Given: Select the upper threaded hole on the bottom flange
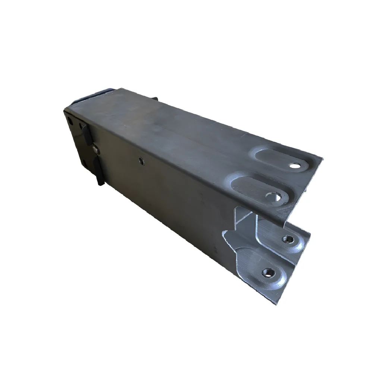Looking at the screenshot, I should [288, 239].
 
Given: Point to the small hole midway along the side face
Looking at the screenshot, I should [141, 161].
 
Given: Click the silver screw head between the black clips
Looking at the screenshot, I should [96, 149].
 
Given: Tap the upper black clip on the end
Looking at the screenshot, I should [87, 135].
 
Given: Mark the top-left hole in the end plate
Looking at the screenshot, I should [70, 120].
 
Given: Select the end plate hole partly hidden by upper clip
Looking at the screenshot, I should [80, 126].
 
